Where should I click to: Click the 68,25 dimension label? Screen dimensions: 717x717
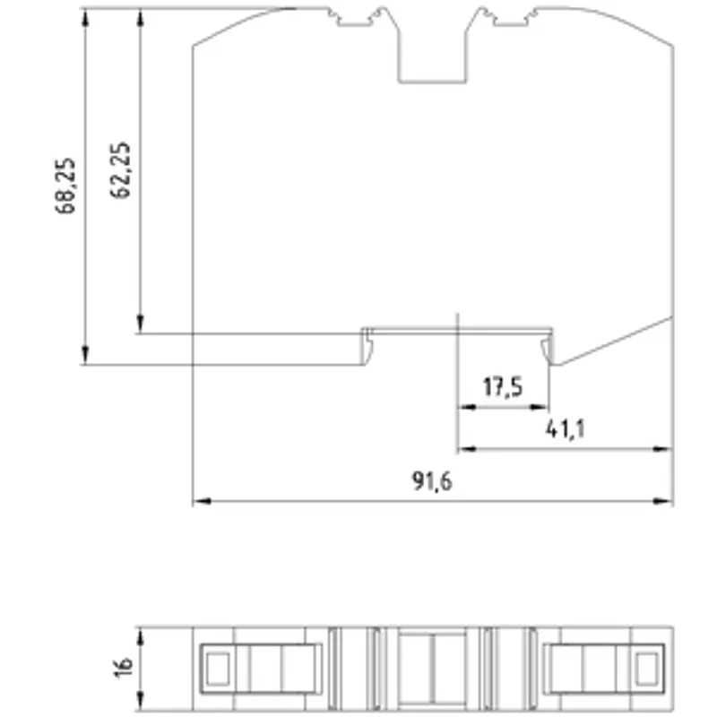pyautogui.click(x=65, y=186)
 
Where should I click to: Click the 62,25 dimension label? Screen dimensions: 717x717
pyautogui.click(x=120, y=169)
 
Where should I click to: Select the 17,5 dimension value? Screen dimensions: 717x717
pyautogui.click(x=503, y=387)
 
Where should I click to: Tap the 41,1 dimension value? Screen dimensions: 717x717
pyautogui.click(x=566, y=429)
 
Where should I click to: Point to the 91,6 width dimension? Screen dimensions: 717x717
pyautogui.click(x=432, y=481)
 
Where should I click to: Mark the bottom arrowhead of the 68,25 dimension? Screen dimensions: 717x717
pyautogui.click(x=85, y=356)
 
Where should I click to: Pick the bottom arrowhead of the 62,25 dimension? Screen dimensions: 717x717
pyautogui.click(x=141, y=324)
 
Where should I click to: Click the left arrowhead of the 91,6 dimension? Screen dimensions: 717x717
pyautogui.click(x=202, y=501)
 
